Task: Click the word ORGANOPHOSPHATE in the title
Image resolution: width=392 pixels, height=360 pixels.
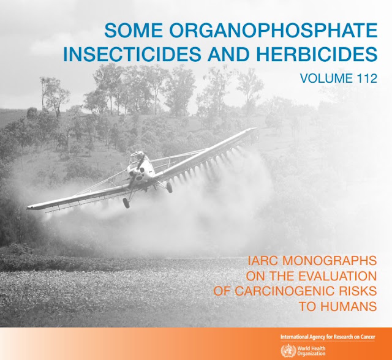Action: click(x=273, y=31)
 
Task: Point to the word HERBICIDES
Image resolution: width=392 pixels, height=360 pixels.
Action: click(x=317, y=54)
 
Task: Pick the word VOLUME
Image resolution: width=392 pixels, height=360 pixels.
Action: click(x=325, y=78)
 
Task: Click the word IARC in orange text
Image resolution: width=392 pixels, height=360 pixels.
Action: click(x=263, y=261)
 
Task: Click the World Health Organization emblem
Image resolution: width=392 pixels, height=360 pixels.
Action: click(x=288, y=350)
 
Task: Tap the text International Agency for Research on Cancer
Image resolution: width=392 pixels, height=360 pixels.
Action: click(x=328, y=337)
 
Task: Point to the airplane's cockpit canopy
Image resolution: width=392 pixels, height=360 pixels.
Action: click(x=137, y=157)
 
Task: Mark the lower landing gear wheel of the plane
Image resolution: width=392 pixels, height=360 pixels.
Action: click(x=126, y=203)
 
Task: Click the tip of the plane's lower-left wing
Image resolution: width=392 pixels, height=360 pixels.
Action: click(x=27, y=207)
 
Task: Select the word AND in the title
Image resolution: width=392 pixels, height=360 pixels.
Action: click(x=228, y=54)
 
